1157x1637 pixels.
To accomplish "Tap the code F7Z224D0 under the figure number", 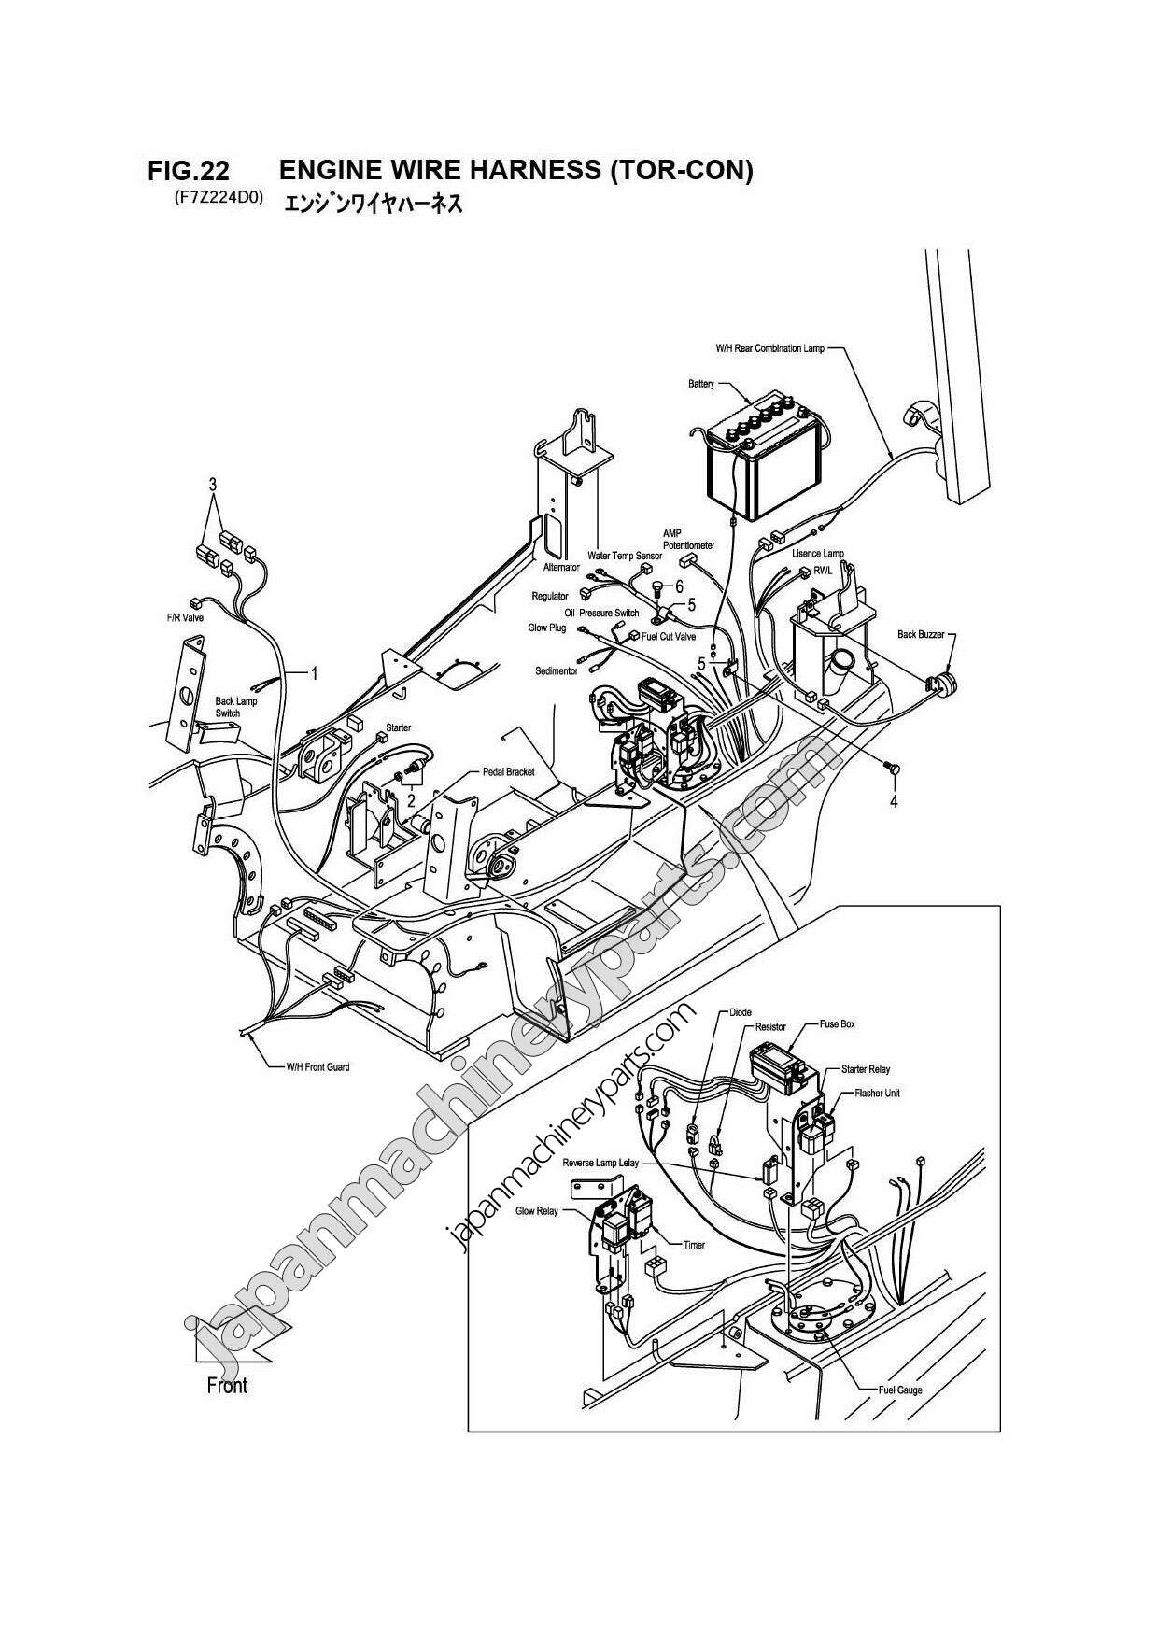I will coord(219,199).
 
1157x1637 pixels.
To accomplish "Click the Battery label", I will coord(700,384).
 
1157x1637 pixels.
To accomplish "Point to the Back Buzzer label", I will coord(921,634).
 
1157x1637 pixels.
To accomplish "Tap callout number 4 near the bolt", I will coord(893,800).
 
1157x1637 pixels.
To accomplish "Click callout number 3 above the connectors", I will coord(213,484).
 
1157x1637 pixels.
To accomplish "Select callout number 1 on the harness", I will coord(315,673).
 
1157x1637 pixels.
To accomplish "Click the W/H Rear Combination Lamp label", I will coord(770,348).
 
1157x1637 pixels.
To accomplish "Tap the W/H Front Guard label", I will coord(317,1066).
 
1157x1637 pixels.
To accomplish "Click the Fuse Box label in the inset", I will coord(837,1023).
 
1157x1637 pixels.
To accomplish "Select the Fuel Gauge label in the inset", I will coord(900,1390).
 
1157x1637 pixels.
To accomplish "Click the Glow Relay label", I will coord(536,1211).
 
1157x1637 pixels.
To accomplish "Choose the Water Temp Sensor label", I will coord(624,556).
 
